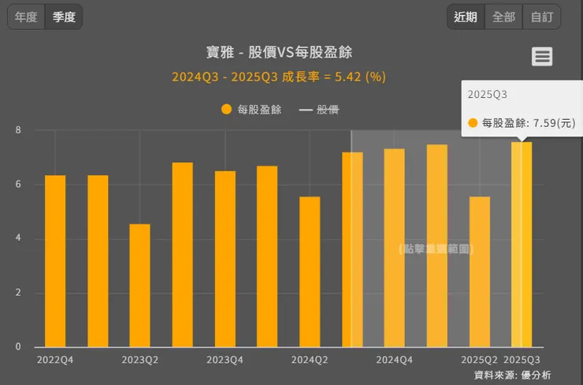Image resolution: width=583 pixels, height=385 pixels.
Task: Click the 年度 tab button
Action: [x=26, y=17]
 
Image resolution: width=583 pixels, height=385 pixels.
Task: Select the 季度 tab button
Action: [x=64, y=17]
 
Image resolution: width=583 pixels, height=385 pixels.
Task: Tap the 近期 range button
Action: [x=466, y=17]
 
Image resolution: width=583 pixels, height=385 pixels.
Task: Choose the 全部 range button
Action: [x=504, y=17]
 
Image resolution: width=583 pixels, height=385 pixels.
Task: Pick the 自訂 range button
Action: [x=542, y=17]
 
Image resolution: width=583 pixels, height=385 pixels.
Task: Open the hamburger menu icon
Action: [x=542, y=56]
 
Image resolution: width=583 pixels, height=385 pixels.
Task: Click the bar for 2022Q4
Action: [x=55, y=260]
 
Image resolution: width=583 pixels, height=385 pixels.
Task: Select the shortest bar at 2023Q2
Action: [x=139, y=286]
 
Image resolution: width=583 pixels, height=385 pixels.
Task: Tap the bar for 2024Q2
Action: [x=310, y=271]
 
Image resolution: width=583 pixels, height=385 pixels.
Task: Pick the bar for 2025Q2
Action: [x=479, y=271]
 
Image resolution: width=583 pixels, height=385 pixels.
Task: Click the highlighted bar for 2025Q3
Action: [x=522, y=245]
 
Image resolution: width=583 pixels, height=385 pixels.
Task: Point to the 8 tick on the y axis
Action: [x=17, y=130]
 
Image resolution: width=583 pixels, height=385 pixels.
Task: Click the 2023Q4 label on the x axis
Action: [x=225, y=360]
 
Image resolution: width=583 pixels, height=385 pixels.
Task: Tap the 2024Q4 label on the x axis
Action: [x=394, y=360]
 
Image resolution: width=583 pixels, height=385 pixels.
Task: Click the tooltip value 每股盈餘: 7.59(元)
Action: [x=522, y=123]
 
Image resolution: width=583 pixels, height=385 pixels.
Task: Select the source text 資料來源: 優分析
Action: [x=512, y=374]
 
